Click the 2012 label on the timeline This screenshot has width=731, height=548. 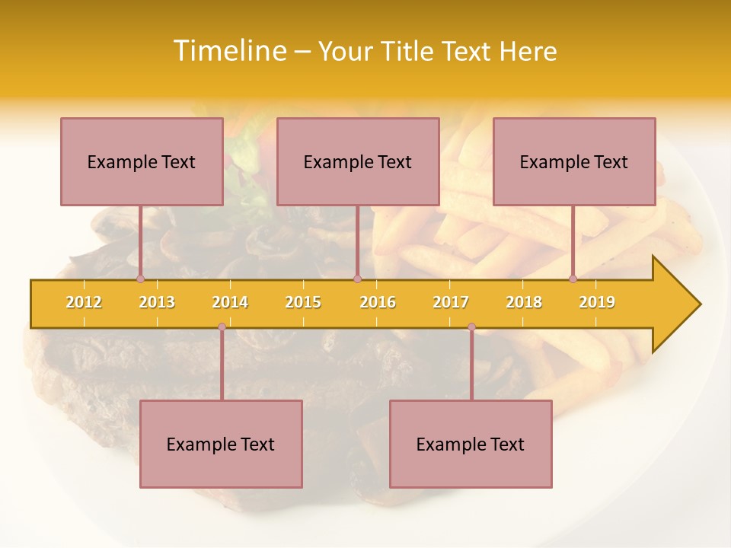click(x=84, y=302)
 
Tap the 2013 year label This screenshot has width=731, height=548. click(x=157, y=302)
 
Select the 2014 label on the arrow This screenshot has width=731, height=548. click(x=230, y=302)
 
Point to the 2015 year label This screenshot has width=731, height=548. click(x=303, y=302)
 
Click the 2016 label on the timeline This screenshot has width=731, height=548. click(x=378, y=302)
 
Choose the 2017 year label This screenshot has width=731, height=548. click(x=451, y=302)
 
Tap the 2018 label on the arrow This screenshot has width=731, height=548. click(x=524, y=302)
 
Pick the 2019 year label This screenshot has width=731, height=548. click(x=597, y=302)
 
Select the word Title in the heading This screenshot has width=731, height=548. click(x=409, y=51)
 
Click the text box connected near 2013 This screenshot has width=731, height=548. click(x=142, y=161)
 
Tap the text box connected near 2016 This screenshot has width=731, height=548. click(x=358, y=161)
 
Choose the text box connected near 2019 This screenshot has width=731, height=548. click(x=574, y=161)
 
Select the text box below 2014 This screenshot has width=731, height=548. click(x=221, y=444)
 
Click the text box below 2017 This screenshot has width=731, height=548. click(x=471, y=444)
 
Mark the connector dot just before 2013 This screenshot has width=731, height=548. click(x=140, y=279)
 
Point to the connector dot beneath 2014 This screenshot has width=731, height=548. click(x=222, y=327)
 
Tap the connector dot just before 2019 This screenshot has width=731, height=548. click(x=573, y=279)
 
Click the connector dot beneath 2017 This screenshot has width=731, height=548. click(x=471, y=327)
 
